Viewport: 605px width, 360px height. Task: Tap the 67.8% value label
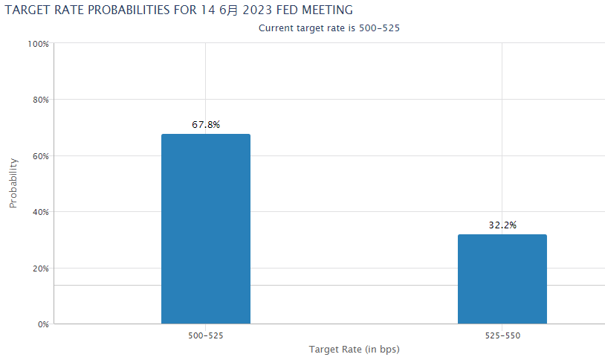coord(206,125)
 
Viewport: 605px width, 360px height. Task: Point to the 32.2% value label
coord(502,225)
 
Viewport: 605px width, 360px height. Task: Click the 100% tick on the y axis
coord(38,44)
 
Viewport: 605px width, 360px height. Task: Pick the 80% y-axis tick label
coord(40,100)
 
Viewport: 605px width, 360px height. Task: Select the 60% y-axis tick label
coord(40,156)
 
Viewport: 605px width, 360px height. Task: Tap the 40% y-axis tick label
coord(40,212)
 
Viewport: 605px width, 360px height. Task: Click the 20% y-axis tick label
coord(40,269)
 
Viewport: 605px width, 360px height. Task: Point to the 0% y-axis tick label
coord(42,324)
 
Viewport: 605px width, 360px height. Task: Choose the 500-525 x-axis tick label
coord(206,336)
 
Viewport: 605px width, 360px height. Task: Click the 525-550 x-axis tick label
coord(502,336)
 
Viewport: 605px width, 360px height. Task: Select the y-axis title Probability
coord(13,183)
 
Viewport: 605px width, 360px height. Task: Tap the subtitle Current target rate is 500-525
coord(334,28)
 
